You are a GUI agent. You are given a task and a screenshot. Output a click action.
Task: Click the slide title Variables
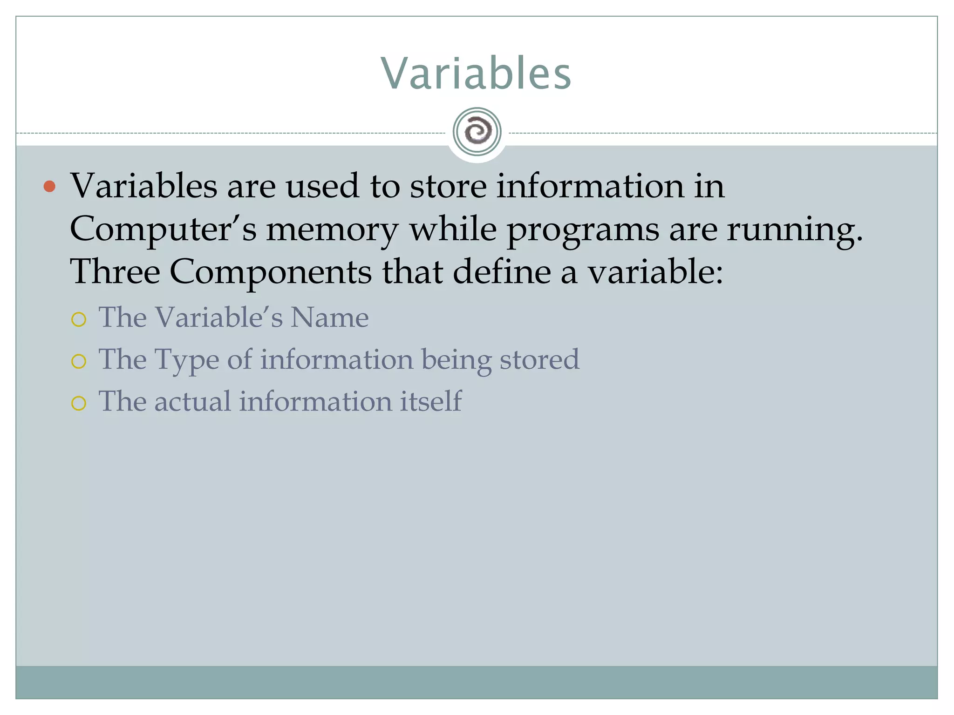click(x=476, y=74)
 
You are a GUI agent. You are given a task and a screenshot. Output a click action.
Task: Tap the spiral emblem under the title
click(x=477, y=132)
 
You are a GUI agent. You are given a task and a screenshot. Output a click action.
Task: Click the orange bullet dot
click(x=49, y=187)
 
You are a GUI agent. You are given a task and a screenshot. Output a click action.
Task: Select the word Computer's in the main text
click(x=163, y=229)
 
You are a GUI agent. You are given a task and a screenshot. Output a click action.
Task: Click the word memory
click(x=332, y=230)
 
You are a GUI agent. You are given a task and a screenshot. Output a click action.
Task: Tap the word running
click(x=794, y=230)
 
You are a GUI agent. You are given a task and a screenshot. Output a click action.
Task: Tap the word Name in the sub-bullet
click(x=329, y=317)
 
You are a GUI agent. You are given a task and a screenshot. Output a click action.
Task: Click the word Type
click(x=186, y=360)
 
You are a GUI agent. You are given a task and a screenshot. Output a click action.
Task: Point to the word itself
click(x=430, y=401)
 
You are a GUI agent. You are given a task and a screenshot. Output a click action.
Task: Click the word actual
click(x=192, y=401)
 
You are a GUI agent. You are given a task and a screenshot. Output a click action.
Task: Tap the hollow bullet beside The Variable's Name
click(x=79, y=319)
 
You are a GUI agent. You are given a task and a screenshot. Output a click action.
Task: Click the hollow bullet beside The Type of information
click(x=79, y=361)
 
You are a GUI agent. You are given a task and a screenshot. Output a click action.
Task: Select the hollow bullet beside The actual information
click(x=79, y=403)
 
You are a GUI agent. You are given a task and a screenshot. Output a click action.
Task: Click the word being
click(x=456, y=360)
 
